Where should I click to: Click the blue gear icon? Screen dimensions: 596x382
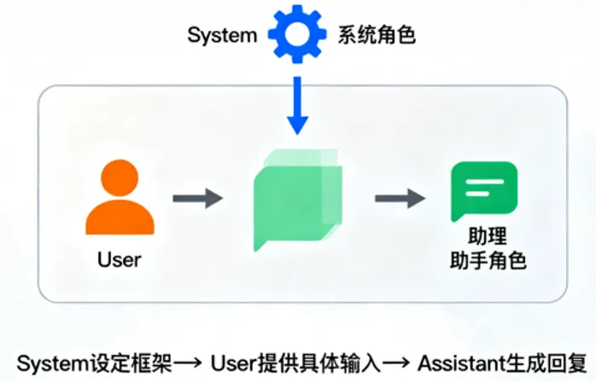tap(297, 34)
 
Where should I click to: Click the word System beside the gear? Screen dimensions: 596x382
tap(222, 36)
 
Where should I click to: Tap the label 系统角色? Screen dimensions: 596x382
tap(377, 35)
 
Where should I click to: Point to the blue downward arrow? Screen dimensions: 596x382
tap(297, 106)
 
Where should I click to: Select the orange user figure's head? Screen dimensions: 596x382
tap(120, 177)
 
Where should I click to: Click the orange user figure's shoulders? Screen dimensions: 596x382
tap(120, 217)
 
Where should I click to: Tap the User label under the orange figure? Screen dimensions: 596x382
tap(120, 260)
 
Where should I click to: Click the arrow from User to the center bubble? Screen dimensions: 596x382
tap(197, 198)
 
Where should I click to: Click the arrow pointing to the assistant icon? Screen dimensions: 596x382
tap(400, 198)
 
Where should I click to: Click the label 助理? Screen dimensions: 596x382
tap(488, 236)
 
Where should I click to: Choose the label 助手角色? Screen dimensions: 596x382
tap(488, 260)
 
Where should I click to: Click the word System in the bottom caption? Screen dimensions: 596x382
tap(52, 363)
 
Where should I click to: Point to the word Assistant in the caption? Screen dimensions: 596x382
tap(462, 363)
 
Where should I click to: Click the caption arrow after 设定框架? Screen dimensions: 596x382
tap(187, 363)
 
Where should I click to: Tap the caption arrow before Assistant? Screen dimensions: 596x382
tap(395, 363)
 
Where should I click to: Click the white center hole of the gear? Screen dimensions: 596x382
tap(297, 34)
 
